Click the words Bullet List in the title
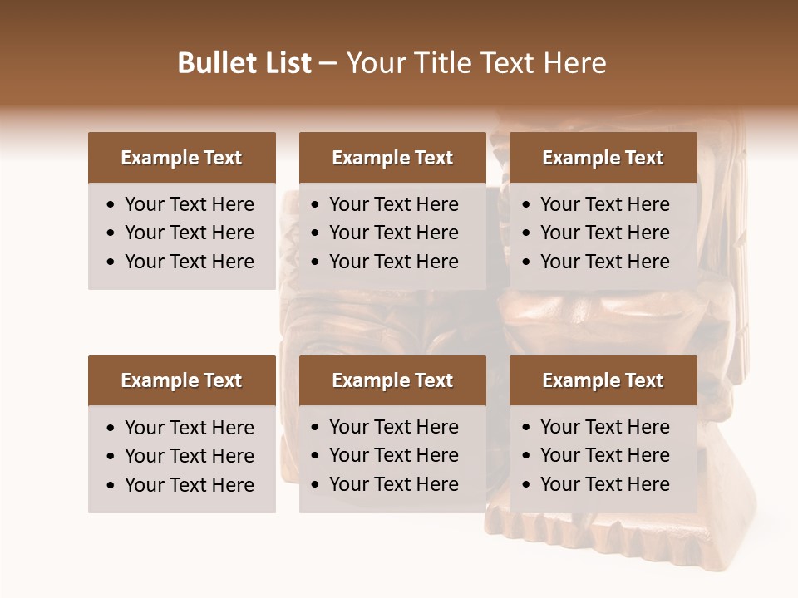pyautogui.click(x=244, y=63)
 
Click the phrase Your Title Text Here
pyautogui.click(x=475, y=63)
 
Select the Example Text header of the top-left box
pyautogui.click(x=181, y=158)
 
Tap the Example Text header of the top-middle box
pyautogui.click(x=392, y=158)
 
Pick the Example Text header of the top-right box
pyautogui.click(x=603, y=158)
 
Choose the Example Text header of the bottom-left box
pyautogui.click(x=181, y=380)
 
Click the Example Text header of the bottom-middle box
pyautogui.click(x=392, y=380)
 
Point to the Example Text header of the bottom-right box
pyautogui.click(x=603, y=380)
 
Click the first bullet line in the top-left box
pyautogui.click(x=190, y=204)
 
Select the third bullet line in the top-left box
pyautogui.click(x=190, y=262)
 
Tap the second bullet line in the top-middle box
pyautogui.click(x=394, y=233)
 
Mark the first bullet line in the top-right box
pyautogui.click(x=605, y=204)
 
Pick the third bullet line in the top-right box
pyautogui.click(x=605, y=262)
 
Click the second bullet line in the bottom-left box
pyautogui.click(x=190, y=456)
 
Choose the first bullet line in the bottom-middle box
pyautogui.click(x=394, y=427)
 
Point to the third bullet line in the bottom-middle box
pyautogui.click(x=394, y=484)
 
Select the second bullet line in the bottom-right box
pyautogui.click(x=605, y=455)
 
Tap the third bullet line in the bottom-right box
pyautogui.click(x=605, y=484)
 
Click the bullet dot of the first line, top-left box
pyautogui.click(x=111, y=205)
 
